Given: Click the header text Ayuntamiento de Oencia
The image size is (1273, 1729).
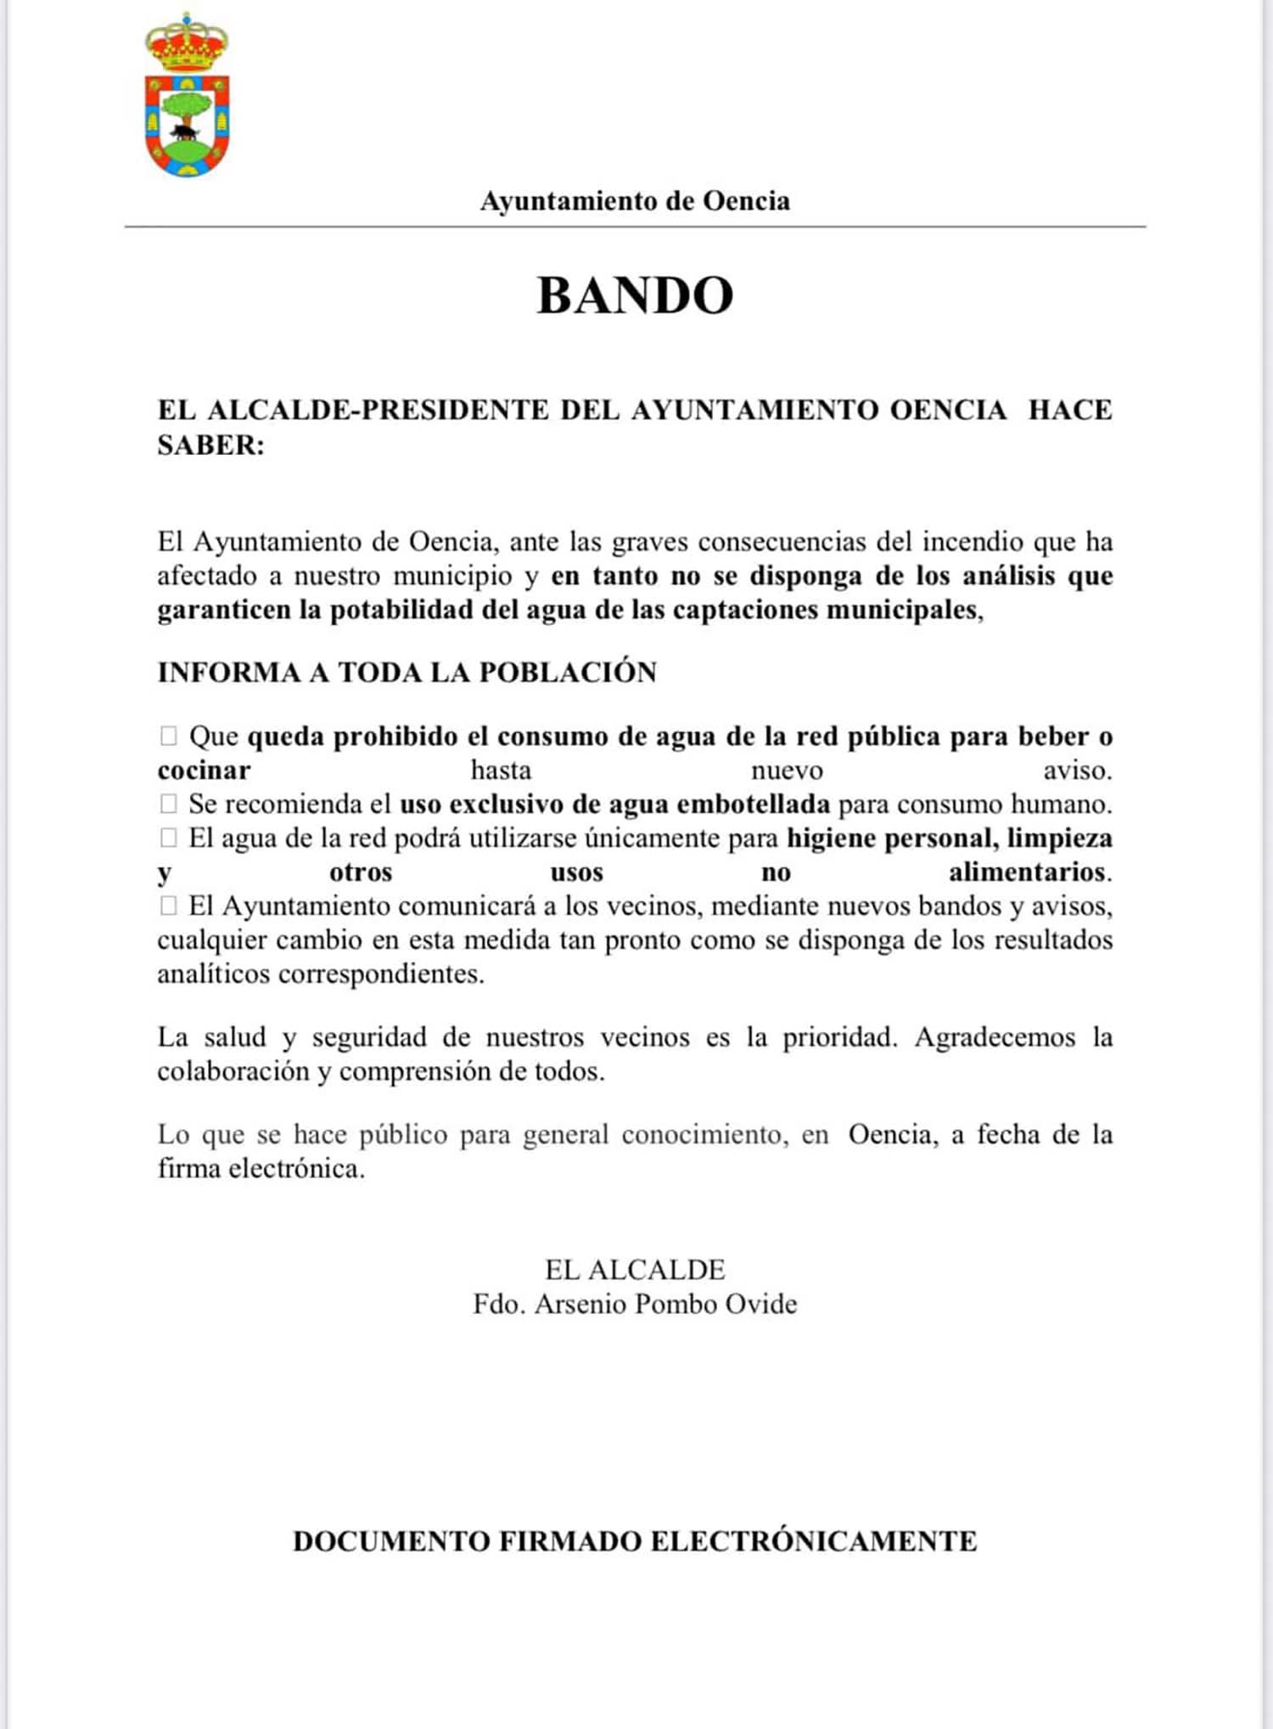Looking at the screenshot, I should coord(635,201).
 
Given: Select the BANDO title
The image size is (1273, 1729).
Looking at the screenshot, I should coord(635,295).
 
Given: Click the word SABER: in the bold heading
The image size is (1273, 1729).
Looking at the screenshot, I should coord(210,445).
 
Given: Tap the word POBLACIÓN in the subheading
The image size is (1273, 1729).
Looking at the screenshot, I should coord(568,672).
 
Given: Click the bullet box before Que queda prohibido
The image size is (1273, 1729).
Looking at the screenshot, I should coord(168,736).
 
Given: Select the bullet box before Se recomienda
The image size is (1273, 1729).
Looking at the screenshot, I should coord(168,803).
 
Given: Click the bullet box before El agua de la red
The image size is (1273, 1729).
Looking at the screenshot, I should coord(168,838).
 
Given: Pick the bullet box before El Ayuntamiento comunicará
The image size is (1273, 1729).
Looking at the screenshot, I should coord(168,906).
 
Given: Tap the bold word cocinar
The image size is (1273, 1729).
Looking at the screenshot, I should coord(204,771).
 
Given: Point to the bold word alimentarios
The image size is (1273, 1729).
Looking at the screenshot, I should coord(1028,872).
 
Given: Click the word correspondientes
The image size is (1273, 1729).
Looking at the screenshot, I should coord(381,974).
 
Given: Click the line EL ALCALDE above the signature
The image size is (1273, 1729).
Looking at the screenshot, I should coord(635,1270).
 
